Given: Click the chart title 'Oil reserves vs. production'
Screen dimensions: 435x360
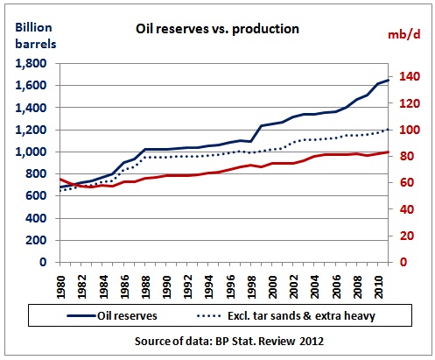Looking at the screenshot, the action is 217,29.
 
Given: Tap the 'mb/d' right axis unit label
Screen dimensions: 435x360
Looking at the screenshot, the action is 404,34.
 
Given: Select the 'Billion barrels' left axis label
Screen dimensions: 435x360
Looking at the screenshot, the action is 35,36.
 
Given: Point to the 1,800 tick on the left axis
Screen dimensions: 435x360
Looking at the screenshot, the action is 31,63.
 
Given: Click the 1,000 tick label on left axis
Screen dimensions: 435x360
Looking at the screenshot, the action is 31,152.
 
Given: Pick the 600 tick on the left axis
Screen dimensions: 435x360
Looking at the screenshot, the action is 36,196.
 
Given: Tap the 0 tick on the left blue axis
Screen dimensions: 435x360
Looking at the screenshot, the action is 43,262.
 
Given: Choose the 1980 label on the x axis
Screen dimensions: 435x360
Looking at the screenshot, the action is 60,286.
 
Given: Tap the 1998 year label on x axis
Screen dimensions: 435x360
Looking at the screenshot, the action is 251,286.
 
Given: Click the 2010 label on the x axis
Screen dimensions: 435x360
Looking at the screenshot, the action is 378,286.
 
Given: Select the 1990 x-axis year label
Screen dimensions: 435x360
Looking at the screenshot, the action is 166,286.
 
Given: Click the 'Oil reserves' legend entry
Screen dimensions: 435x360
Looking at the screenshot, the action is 112,315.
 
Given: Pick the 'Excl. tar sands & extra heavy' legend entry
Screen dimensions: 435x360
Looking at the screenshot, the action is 286,316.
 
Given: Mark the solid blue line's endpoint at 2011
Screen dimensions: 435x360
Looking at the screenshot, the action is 389,80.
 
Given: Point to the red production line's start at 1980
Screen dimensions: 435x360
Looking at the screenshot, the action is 60,179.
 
